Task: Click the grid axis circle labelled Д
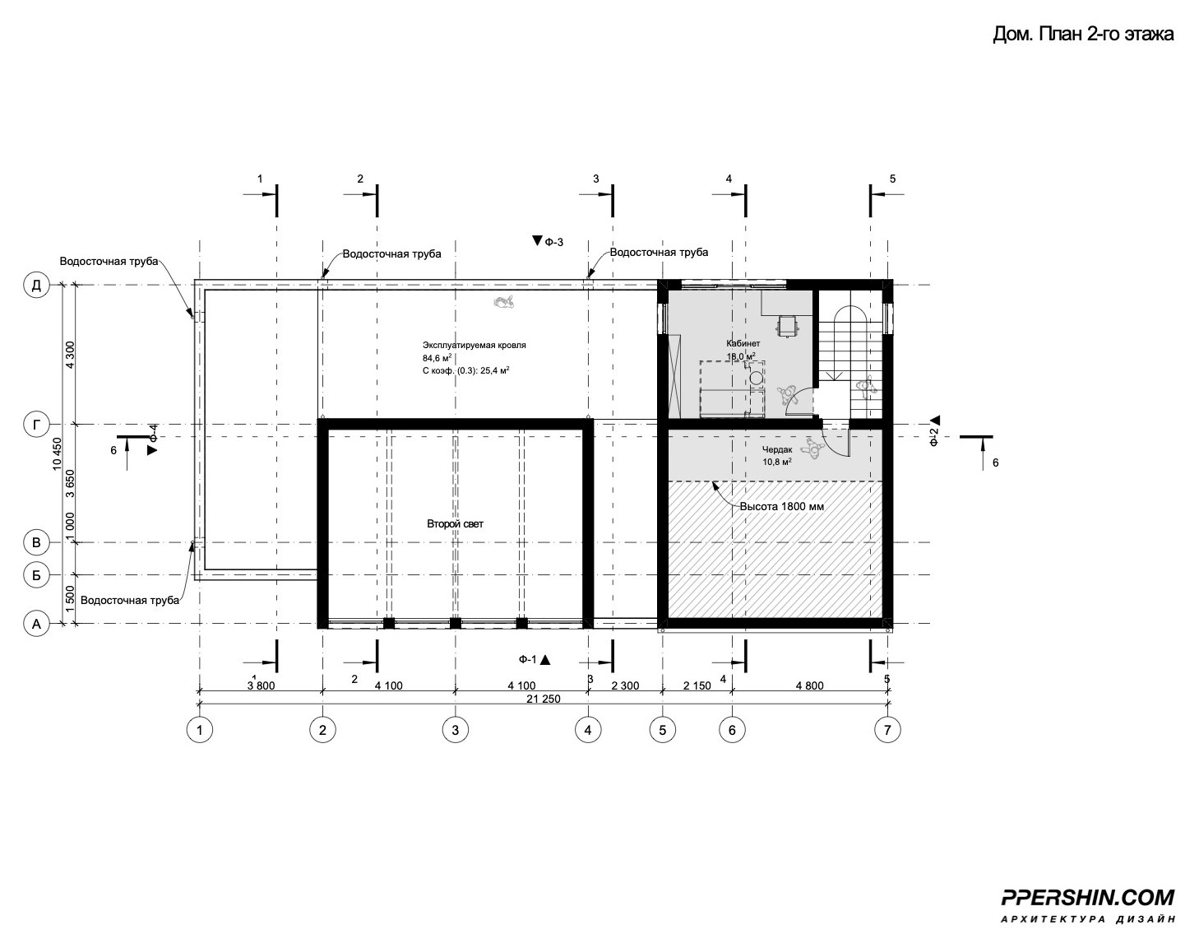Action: [36, 286]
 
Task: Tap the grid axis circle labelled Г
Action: [36, 425]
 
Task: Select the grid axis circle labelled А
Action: [36, 624]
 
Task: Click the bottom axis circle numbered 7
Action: [887, 729]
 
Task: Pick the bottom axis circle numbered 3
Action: [456, 729]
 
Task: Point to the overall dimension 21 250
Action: [544, 699]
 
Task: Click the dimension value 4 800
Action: [809, 685]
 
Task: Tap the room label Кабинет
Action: [743, 343]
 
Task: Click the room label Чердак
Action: [777, 449]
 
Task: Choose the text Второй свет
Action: [456, 523]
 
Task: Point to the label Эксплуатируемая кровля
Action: [475, 345]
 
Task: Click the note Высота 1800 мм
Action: [782, 506]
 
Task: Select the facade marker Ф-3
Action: [549, 241]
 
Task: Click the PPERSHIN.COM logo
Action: [1088, 913]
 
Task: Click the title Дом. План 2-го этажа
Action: [1083, 34]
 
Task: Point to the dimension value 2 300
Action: [625, 685]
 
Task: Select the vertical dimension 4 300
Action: [70, 355]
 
